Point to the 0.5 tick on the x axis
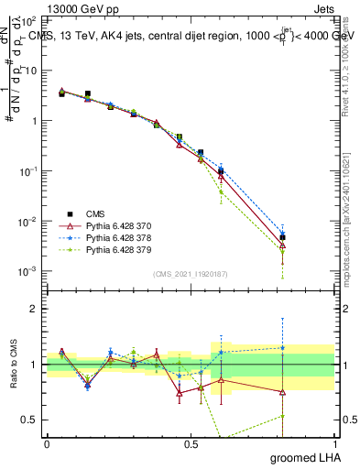191,444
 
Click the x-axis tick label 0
47,444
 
